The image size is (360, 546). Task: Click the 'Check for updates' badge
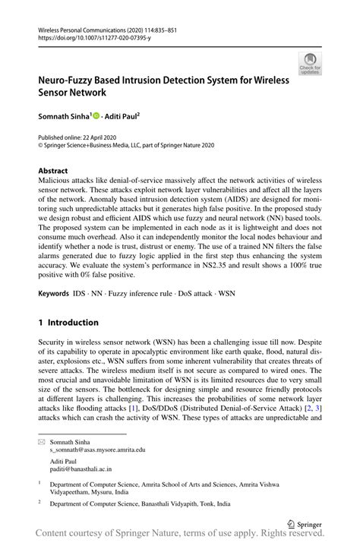point(310,64)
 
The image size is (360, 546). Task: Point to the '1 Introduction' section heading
point(68,322)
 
